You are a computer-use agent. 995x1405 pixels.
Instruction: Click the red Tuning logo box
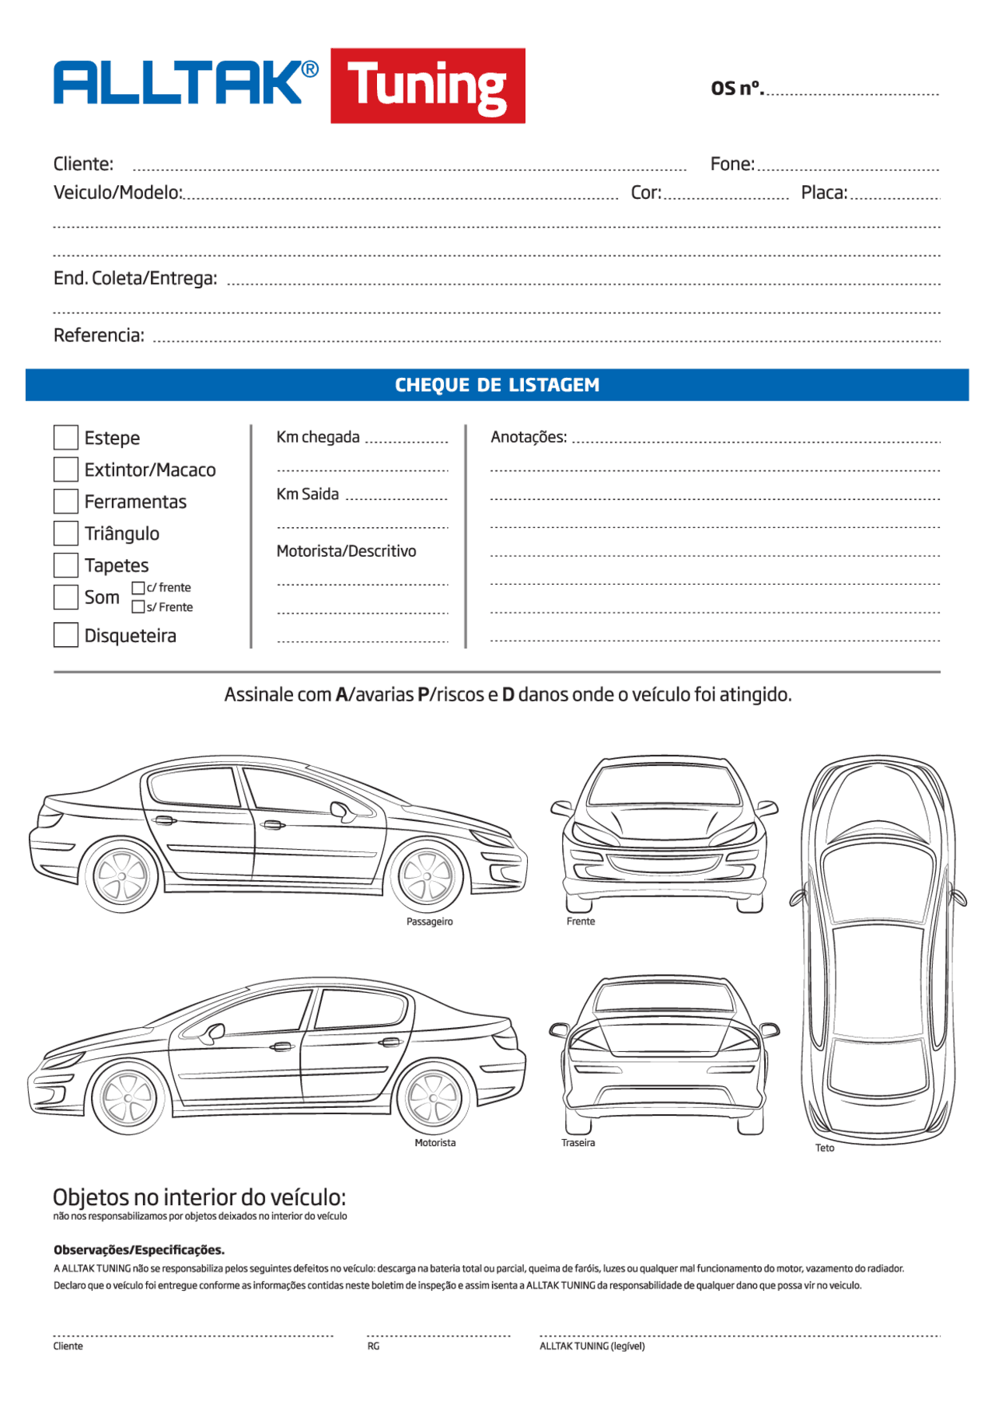[428, 86]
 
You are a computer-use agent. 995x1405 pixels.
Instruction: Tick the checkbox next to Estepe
[66, 437]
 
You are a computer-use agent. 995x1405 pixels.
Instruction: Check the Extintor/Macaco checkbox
[66, 469]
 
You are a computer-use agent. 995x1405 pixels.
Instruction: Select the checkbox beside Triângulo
[66, 533]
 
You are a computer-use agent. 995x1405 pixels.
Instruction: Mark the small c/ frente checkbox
[138, 588]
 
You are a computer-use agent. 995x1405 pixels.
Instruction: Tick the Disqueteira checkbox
[66, 634]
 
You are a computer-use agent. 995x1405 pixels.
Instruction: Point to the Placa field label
[824, 193]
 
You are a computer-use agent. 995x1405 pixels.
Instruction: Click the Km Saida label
[308, 495]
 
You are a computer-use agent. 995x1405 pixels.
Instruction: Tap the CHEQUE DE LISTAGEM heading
[497, 385]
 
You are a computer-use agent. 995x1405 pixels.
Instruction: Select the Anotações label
[529, 437]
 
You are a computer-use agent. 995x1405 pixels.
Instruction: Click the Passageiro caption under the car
[429, 921]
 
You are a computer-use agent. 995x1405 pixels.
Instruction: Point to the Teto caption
[824, 1148]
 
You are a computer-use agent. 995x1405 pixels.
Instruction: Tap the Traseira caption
[578, 1143]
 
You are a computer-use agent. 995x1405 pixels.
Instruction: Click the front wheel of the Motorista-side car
[128, 1098]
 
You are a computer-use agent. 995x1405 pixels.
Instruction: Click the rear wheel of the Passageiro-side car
[121, 876]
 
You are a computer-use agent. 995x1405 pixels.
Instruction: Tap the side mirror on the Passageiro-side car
[342, 810]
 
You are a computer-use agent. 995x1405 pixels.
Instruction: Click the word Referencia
[99, 336]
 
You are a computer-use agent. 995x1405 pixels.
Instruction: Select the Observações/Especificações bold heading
[139, 1249]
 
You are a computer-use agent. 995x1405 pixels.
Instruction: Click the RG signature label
[373, 1346]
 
